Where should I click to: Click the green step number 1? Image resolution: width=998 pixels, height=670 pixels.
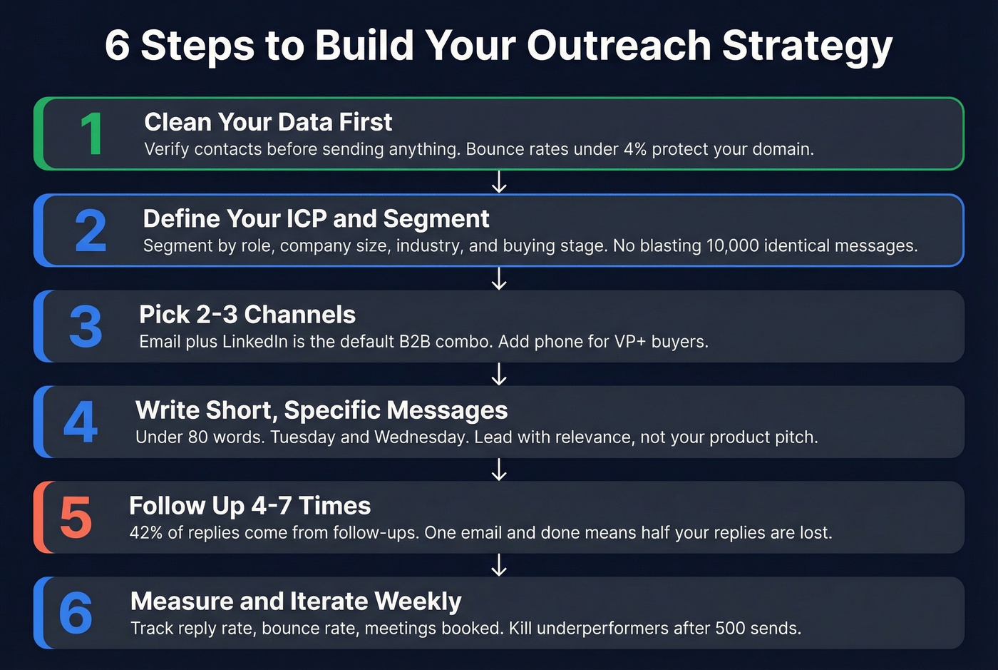[x=92, y=134]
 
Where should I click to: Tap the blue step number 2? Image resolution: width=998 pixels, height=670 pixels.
[x=91, y=230]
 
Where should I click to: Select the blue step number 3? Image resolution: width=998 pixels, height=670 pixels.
[x=86, y=327]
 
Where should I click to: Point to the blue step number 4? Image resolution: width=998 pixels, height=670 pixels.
[x=81, y=422]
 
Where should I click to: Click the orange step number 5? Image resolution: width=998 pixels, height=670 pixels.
[x=76, y=518]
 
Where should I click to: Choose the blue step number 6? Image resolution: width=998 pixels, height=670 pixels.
[x=76, y=614]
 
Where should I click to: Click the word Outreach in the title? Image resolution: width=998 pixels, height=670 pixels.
[x=619, y=46]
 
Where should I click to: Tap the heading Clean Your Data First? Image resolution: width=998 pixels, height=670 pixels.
[x=268, y=122]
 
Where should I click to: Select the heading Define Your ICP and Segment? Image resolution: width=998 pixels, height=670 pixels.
[x=316, y=218]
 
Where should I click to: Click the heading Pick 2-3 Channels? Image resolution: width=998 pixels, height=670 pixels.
[x=247, y=314]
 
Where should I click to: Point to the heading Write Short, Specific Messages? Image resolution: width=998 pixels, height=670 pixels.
[x=321, y=410]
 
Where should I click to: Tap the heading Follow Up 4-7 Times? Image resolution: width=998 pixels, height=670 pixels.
[x=249, y=506]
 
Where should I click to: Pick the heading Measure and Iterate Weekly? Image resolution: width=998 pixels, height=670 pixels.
[x=296, y=602]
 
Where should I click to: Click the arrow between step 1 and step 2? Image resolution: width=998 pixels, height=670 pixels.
[x=499, y=182]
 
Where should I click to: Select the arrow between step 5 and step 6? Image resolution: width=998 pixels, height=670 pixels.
[x=499, y=564]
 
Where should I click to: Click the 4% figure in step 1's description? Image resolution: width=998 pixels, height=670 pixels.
[x=634, y=149]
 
